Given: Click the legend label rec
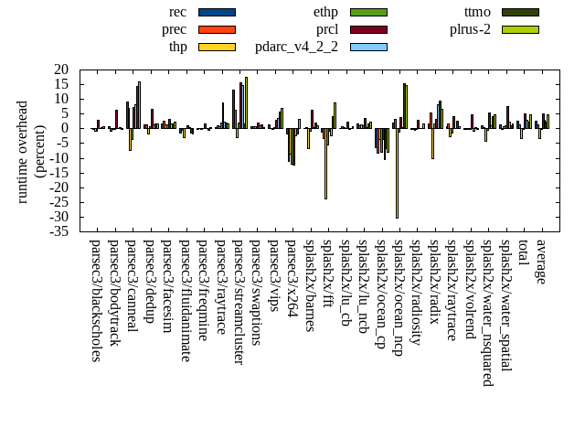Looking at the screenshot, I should pos(178,12).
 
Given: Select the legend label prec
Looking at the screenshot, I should pos(174,29).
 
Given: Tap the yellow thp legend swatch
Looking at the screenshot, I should pos(217,47).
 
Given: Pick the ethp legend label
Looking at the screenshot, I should pos(325,12).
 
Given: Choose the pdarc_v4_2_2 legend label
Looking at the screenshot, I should pos(296,47).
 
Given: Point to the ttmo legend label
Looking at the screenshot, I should pos(477,12).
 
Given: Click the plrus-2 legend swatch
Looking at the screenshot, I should pos(520,29).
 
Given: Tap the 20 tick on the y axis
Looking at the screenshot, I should pos(62,70).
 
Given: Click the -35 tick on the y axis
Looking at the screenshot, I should pos(60,231).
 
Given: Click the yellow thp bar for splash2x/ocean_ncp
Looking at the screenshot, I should pos(397,173).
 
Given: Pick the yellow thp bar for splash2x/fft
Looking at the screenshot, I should pos(325,164).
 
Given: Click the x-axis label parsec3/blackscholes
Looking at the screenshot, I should pos(95,301).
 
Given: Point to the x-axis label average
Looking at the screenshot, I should pos(541,262).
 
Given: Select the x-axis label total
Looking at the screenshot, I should pos(523,253).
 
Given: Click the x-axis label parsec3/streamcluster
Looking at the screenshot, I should pos(238,303).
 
